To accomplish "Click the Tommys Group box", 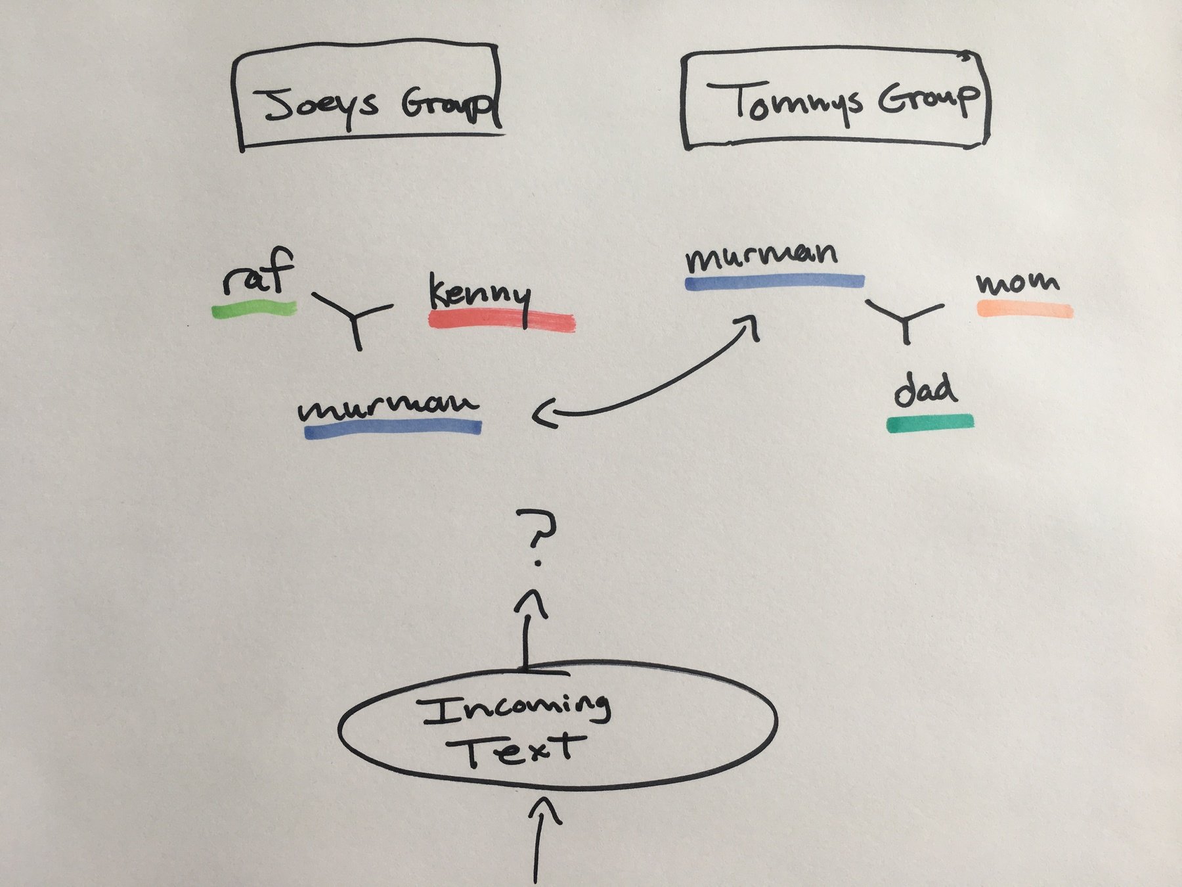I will click(835, 99).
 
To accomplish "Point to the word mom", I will click(1018, 283).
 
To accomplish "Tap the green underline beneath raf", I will click(254, 309).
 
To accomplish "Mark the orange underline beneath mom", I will click(1024, 309).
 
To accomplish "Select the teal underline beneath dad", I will click(930, 423).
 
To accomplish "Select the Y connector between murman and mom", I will click(906, 319).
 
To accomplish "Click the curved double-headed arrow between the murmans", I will click(657, 388).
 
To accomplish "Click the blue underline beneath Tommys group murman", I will click(775, 281).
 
